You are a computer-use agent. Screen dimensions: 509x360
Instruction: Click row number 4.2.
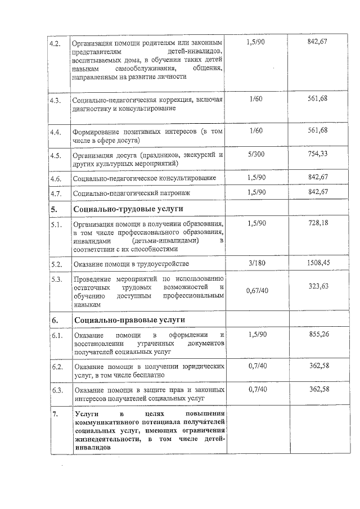pos(55,43)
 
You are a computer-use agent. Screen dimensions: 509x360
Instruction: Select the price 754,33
pos(318,154)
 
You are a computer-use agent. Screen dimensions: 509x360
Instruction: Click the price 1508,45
pos(314,263)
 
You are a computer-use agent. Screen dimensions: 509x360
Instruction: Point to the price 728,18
pos(318,223)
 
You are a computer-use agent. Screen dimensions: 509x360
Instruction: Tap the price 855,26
pos(318,334)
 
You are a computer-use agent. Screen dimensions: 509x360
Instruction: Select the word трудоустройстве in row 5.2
pos(161,263)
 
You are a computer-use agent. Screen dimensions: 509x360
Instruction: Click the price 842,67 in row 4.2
pos(318,43)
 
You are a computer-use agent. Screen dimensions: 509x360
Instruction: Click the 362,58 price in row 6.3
pos(318,389)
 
